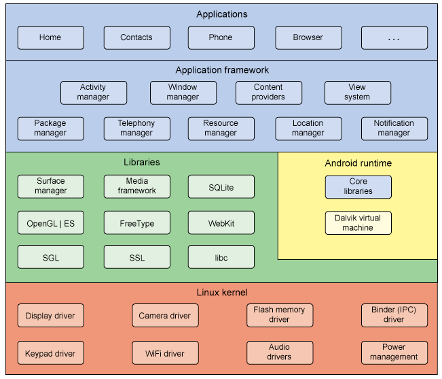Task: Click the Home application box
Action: click(x=51, y=38)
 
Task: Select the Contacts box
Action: click(x=136, y=38)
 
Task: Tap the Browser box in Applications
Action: click(x=308, y=38)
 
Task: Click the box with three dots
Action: click(x=394, y=38)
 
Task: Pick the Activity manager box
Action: click(x=93, y=93)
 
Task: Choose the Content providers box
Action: click(x=268, y=93)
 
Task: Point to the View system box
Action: click(x=357, y=93)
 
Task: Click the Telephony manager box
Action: click(x=136, y=129)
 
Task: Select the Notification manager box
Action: click(x=394, y=129)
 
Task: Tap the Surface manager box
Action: click(x=51, y=186)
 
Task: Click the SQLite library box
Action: click(x=221, y=186)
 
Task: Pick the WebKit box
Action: click(x=221, y=223)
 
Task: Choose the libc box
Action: click(x=221, y=257)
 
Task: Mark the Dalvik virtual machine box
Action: click(x=358, y=223)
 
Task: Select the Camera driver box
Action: click(x=165, y=316)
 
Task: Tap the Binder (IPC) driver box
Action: click(x=394, y=315)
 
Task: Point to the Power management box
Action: click(x=394, y=352)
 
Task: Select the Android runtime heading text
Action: click(x=358, y=163)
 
